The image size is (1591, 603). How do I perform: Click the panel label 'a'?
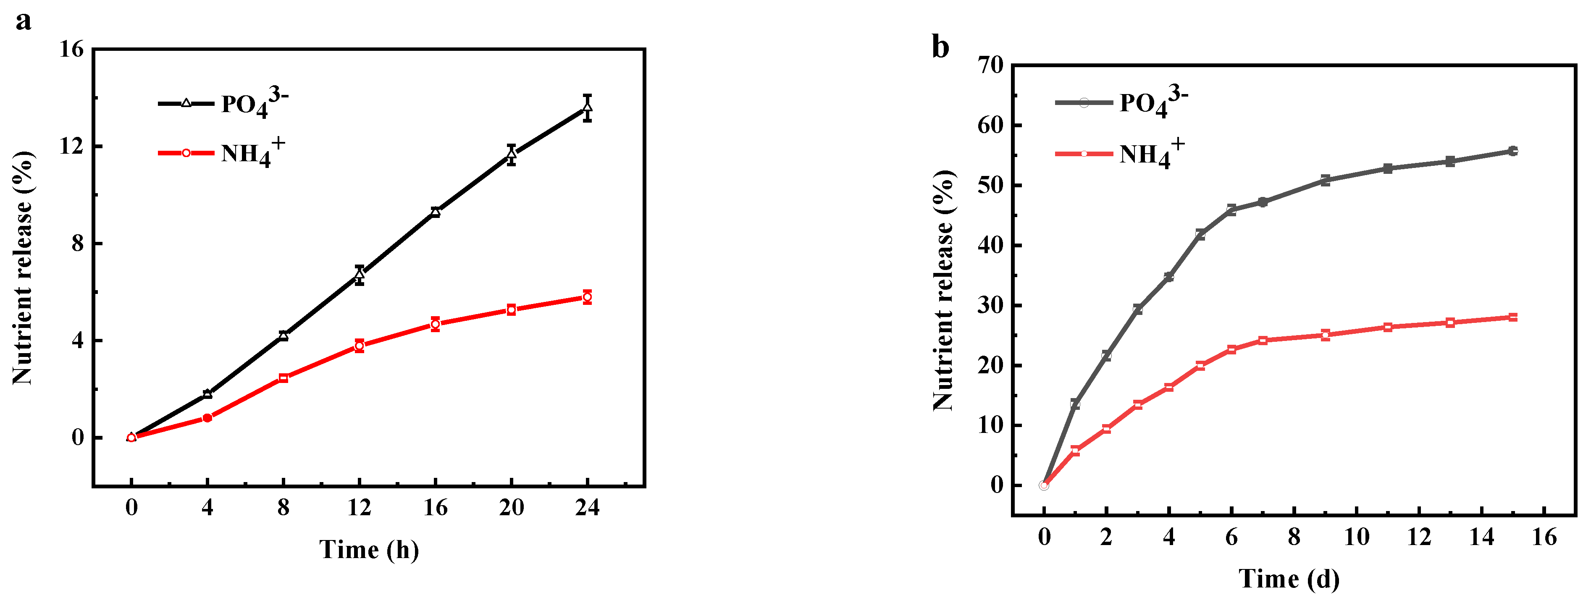24,21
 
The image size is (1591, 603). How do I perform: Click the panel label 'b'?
940,47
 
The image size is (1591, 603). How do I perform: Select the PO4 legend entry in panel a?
222,102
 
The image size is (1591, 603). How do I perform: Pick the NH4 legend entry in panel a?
221,152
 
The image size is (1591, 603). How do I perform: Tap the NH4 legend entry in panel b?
1119,153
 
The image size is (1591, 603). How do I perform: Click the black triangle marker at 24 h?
587,108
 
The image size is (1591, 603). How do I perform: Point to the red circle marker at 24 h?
587,297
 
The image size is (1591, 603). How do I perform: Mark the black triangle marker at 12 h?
360,274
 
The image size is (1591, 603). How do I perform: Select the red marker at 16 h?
436,324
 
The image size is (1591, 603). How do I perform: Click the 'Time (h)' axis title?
369,549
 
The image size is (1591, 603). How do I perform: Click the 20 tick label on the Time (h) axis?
512,508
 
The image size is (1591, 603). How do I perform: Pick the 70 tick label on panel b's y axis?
991,64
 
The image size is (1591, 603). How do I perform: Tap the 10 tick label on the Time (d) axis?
1356,537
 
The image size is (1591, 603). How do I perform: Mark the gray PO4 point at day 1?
1075,404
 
